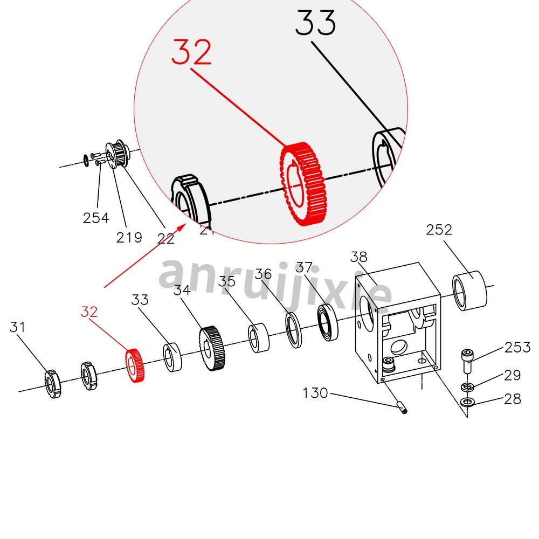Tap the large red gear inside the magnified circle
(x=303, y=183)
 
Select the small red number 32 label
(x=89, y=312)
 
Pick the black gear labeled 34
(x=211, y=349)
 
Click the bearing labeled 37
(x=328, y=322)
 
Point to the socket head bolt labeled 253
(x=467, y=360)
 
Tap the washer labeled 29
(x=467, y=387)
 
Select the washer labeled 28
(x=467, y=402)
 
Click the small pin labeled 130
(x=402, y=406)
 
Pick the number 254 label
(x=96, y=218)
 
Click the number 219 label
(x=129, y=237)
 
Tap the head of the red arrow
(x=185, y=225)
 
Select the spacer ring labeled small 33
(x=172, y=357)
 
